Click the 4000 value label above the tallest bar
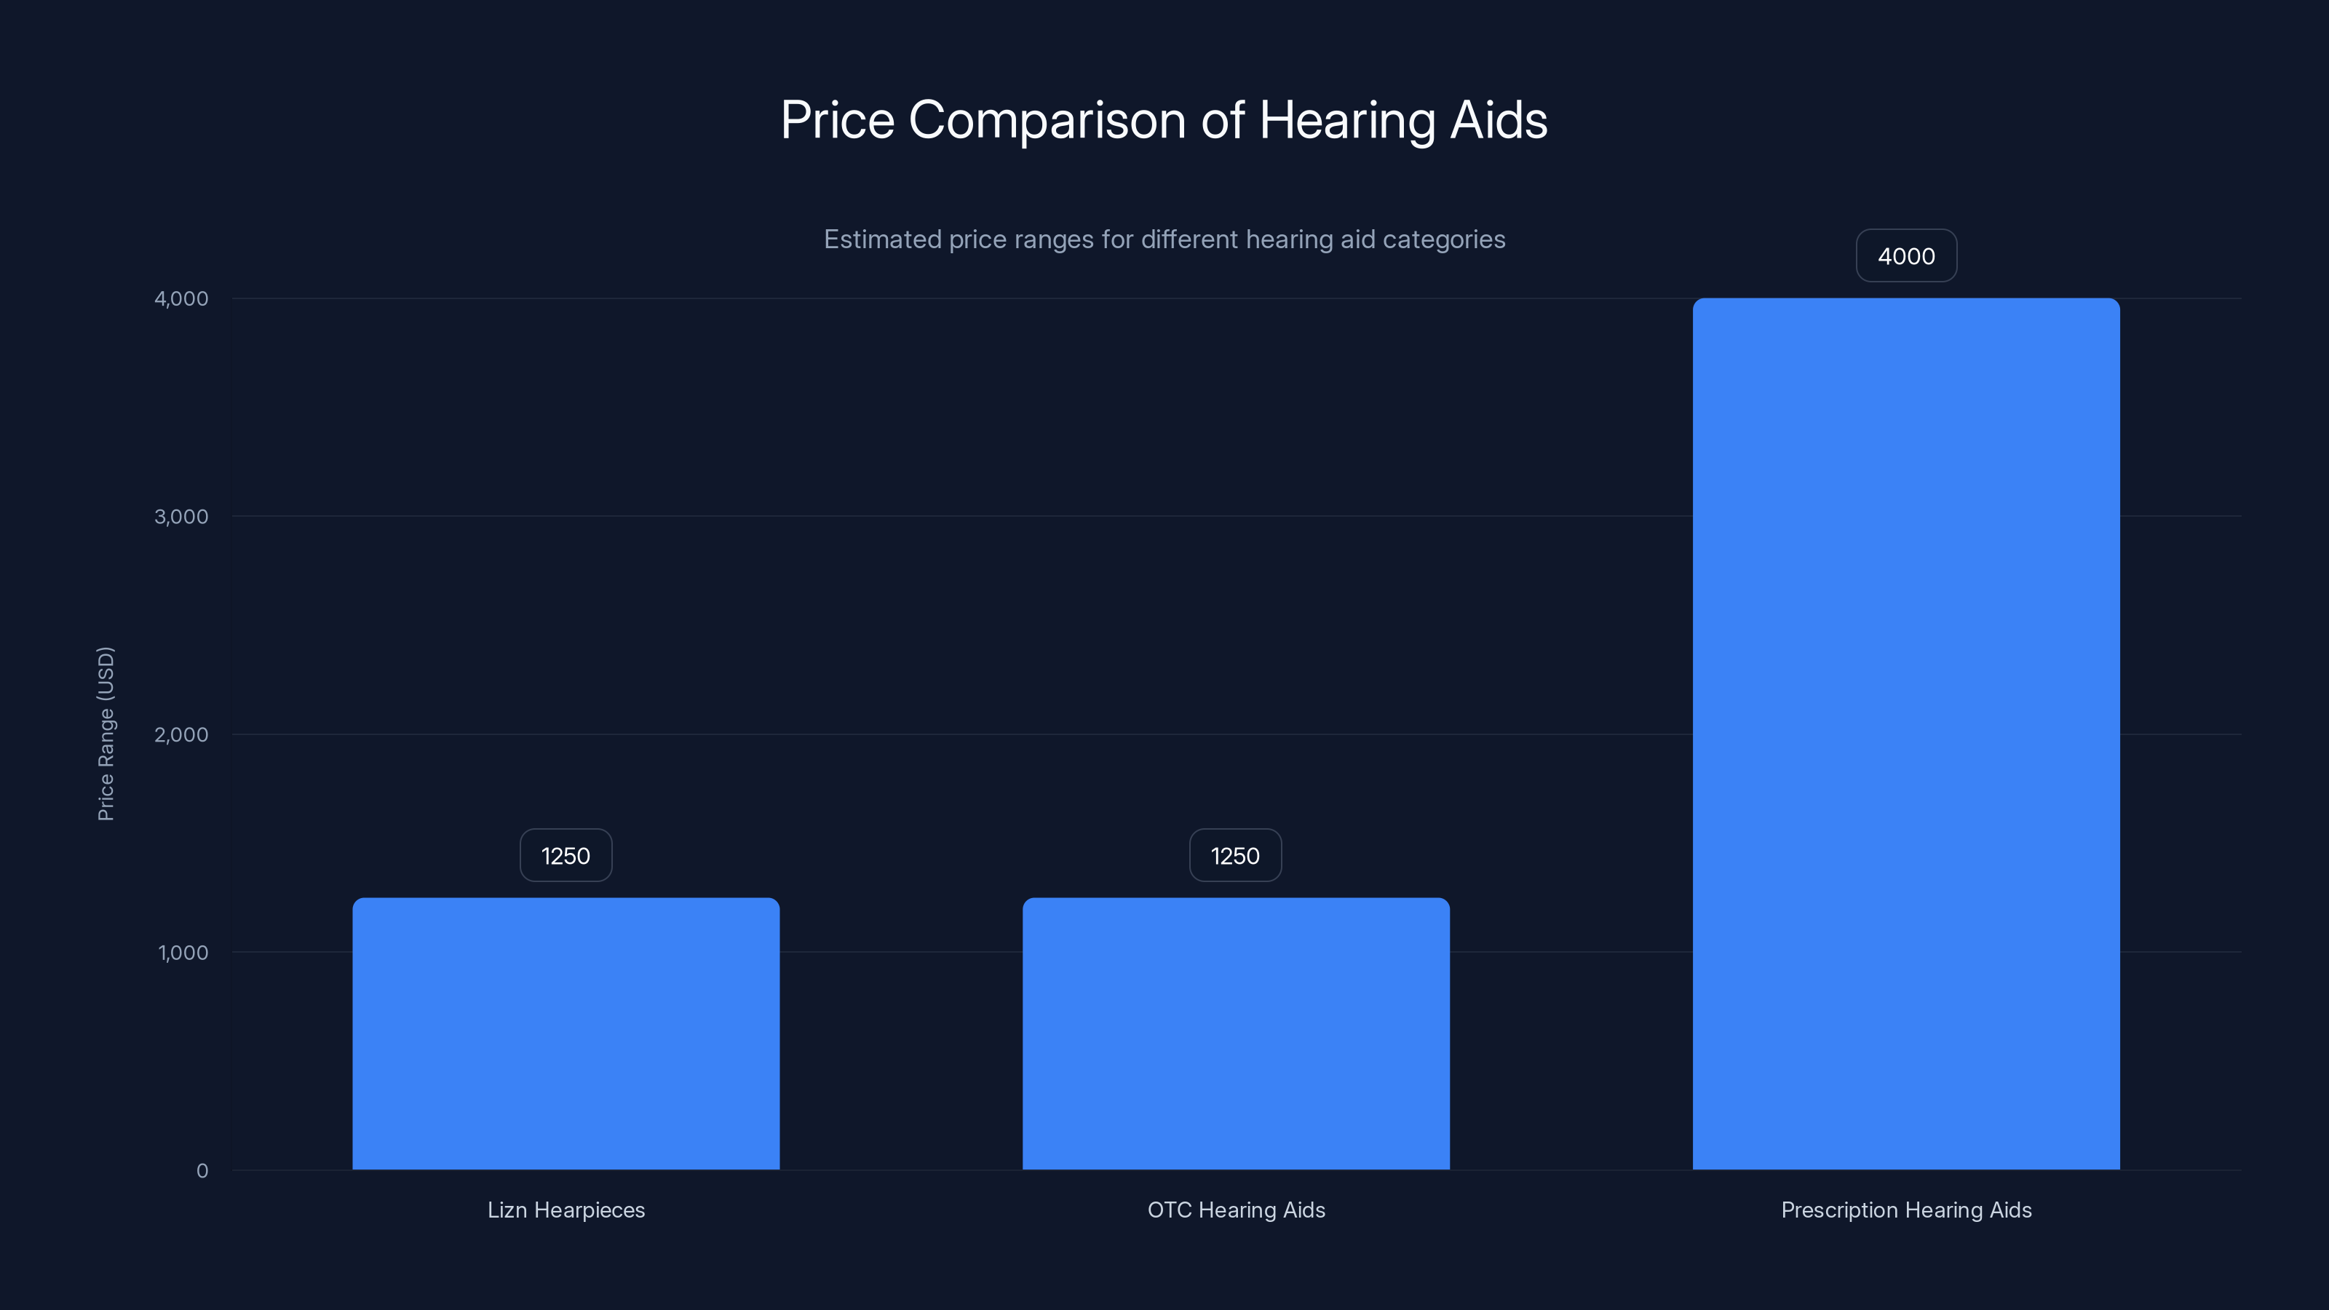(x=1906, y=256)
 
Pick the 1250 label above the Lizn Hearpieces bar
(x=566, y=855)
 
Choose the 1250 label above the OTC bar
(x=1235, y=855)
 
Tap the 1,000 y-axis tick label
(x=183, y=952)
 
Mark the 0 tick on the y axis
(x=202, y=1171)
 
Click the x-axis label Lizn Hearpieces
(x=566, y=1210)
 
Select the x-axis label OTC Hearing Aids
(x=1236, y=1210)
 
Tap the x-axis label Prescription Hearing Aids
(x=1906, y=1210)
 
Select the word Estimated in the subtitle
(x=882, y=239)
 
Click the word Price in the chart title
(x=837, y=121)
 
